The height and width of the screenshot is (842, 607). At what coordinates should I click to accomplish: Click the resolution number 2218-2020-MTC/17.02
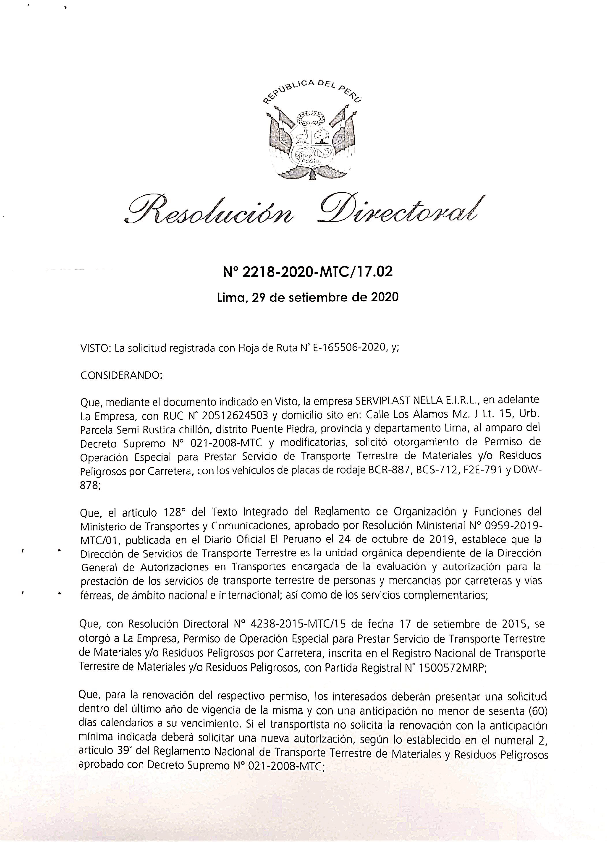[x=307, y=273]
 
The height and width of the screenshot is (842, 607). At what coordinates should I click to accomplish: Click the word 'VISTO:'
[x=96, y=349]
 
